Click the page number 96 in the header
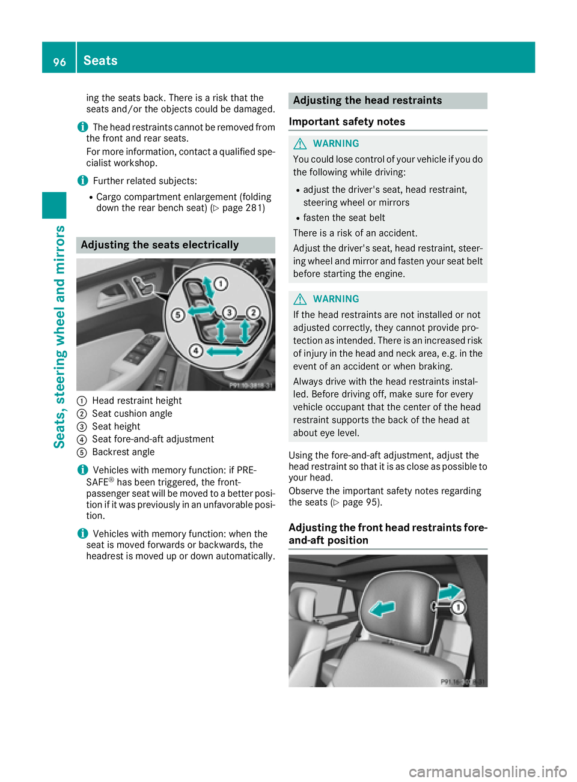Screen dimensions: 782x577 click(x=60, y=61)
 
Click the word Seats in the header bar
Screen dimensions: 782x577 click(x=100, y=61)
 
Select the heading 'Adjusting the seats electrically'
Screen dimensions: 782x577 click(x=160, y=245)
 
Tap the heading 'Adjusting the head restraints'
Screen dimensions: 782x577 click(x=367, y=101)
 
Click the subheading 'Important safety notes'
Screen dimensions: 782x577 click(x=347, y=122)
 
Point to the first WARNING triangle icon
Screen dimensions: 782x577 click(x=300, y=144)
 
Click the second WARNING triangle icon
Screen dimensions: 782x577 click(x=300, y=299)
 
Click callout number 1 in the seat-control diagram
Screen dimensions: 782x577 click(x=221, y=283)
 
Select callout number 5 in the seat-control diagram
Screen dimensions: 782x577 click(x=177, y=315)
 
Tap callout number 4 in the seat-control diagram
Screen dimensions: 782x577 click(x=196, y=350)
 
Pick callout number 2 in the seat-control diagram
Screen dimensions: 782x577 click(x=254, y=312)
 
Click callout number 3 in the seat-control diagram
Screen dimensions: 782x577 click(x=229, y=312)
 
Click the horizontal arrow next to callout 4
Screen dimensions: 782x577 click(x=224, y=351)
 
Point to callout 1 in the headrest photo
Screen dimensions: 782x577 click(x=458, y=607)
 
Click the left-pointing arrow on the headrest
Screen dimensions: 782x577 click(x=382, y=609)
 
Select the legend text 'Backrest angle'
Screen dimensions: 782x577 click(x=123, y=452)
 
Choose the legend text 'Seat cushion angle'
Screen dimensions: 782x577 click(x=132, y=414)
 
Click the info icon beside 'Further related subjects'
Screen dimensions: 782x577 click(x=82, y=181)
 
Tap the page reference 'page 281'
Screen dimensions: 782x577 click(x=242, y=208)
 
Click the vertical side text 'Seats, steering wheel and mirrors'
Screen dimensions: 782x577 click(x=60, y=336)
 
